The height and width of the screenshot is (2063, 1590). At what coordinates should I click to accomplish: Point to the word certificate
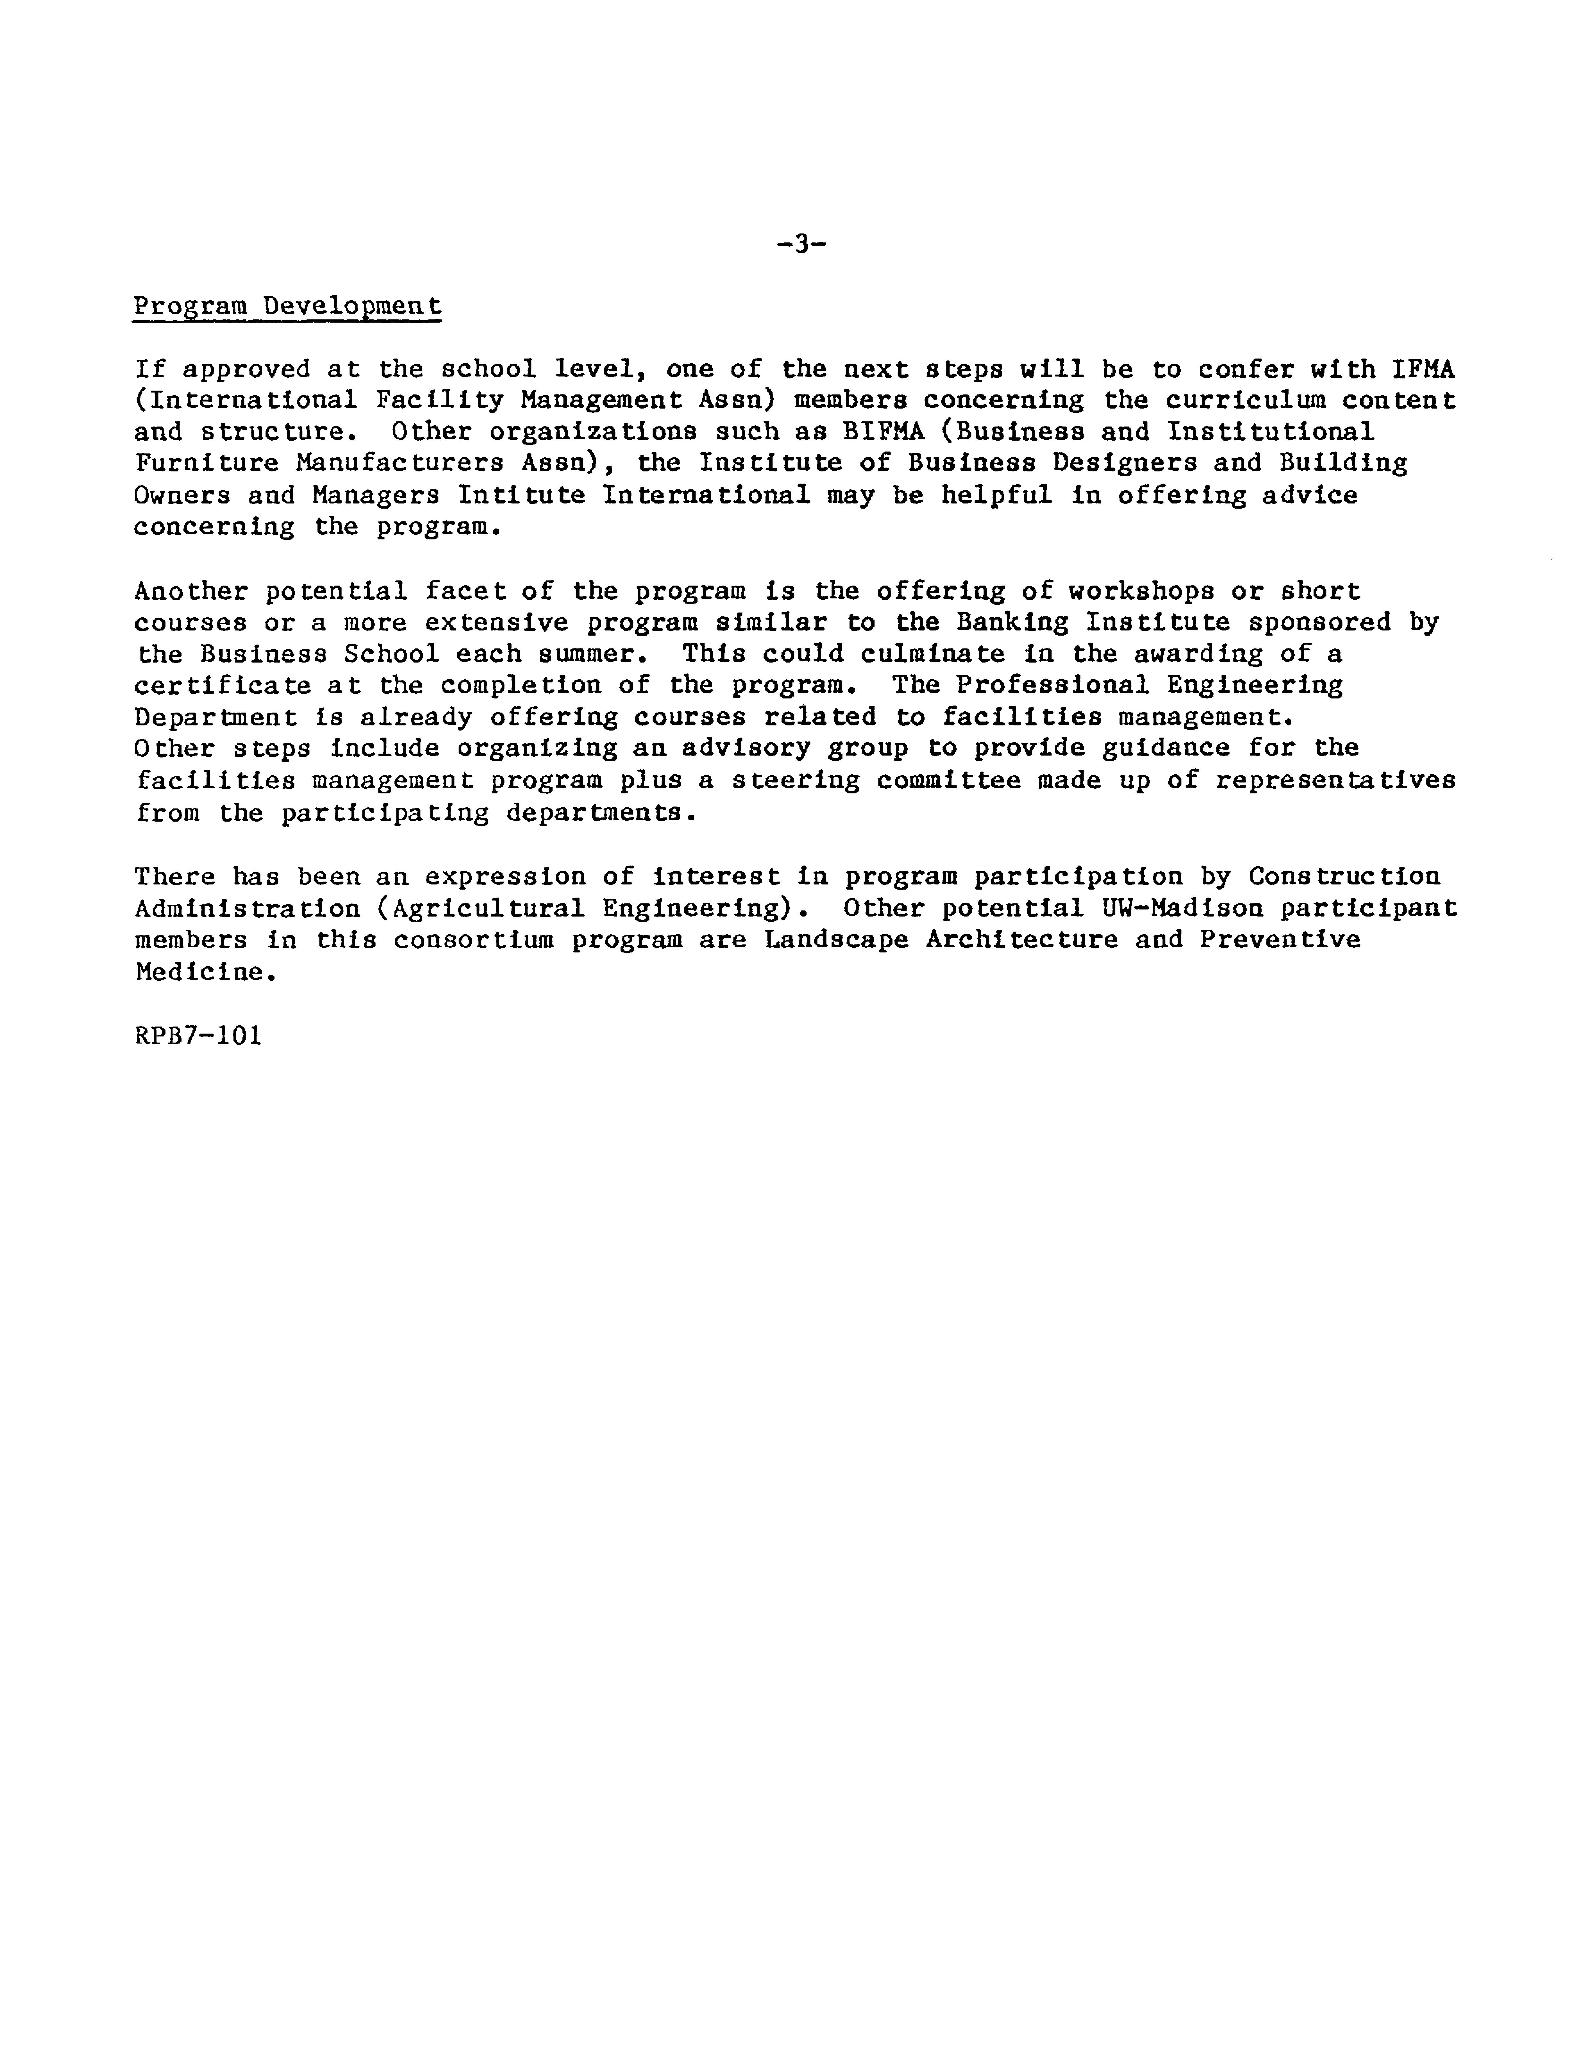(x=223, y=686)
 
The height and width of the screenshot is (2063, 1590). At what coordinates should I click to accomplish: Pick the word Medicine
(x=206, y=972)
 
